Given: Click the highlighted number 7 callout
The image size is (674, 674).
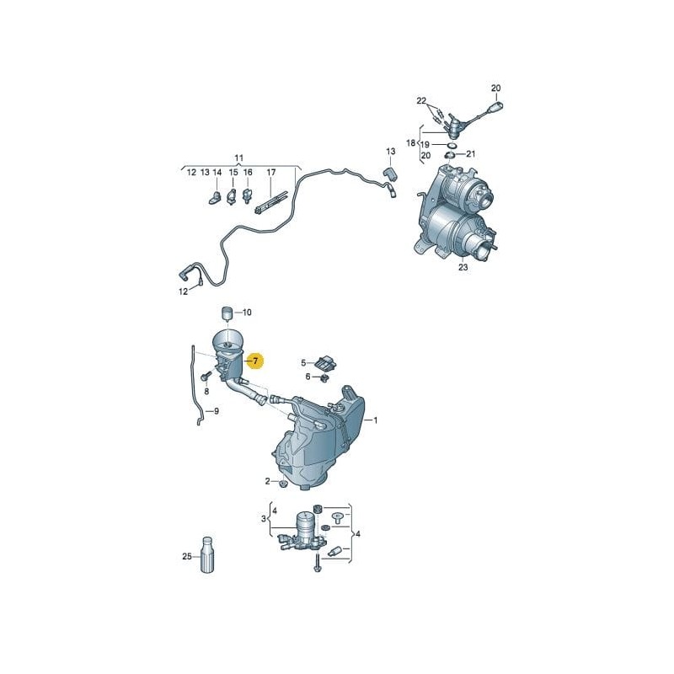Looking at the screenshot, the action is point(255,361).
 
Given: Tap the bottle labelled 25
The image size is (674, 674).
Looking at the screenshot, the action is point(206,554).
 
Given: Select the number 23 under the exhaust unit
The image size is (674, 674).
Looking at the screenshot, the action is point(463,267).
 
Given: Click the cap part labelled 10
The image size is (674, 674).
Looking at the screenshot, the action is point(227,313).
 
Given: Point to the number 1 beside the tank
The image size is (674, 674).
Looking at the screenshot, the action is point(375,420).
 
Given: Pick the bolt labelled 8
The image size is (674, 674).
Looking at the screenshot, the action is point(204,377).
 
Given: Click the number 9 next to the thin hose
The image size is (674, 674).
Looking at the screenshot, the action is point(217,411).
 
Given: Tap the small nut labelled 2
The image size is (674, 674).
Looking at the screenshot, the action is point(282,484).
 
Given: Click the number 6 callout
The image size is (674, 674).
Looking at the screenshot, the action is point(308,377).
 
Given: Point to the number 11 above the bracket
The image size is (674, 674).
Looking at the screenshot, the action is point(239,158).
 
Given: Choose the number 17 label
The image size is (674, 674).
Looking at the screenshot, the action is point(270,173).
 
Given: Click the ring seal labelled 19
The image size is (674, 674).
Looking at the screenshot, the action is point(452,145).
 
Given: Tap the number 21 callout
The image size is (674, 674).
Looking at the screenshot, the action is point(471,154).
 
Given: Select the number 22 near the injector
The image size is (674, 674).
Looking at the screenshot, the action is point(421,101).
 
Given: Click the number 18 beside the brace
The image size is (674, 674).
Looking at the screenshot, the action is point(411,142).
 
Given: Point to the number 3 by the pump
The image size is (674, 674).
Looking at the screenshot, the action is point(264,519).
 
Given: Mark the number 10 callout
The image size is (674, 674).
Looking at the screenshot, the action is point(247,313).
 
